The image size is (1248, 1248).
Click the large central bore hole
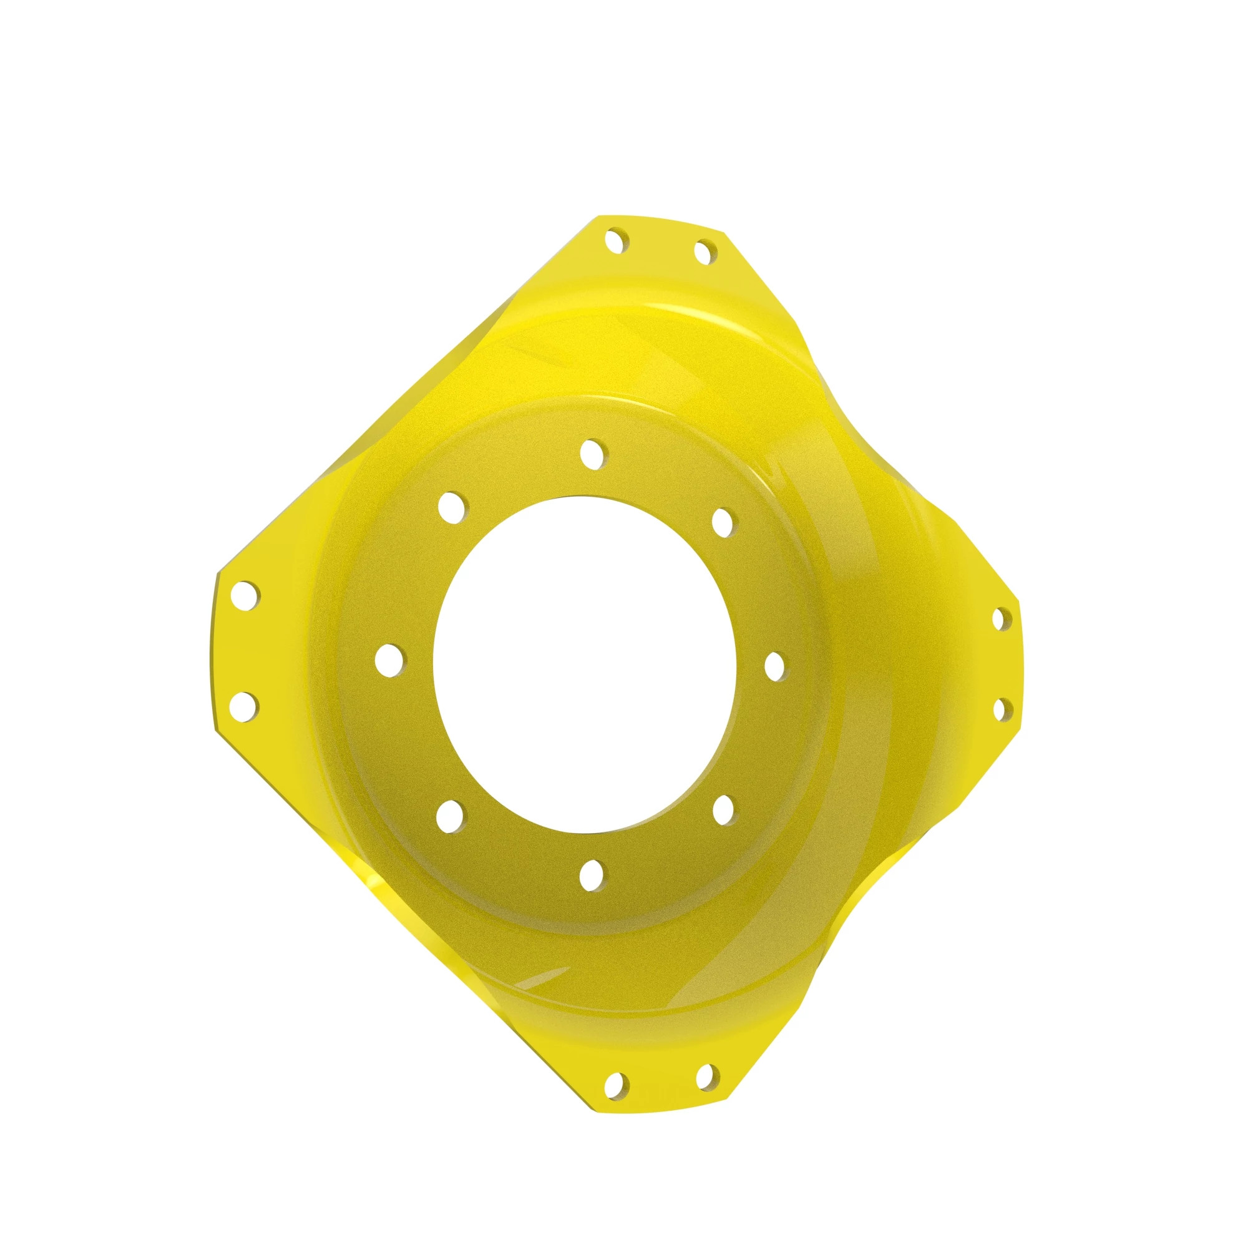click(x=585, y=663)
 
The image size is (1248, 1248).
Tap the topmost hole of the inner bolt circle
click(x=592, y=452)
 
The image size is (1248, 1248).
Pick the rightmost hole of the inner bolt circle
click(x=774, y=665)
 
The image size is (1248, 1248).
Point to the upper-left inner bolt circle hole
click(x=452, y=507)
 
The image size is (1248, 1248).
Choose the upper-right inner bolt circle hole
click(x=723, y=522)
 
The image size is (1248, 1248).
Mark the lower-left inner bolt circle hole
click(x=451, y=815)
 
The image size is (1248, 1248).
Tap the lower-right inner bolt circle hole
click(x=724, y=807)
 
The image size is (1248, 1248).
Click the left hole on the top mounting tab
click(x=617, y=241)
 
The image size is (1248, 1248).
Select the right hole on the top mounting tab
click(x=704, y=251)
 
